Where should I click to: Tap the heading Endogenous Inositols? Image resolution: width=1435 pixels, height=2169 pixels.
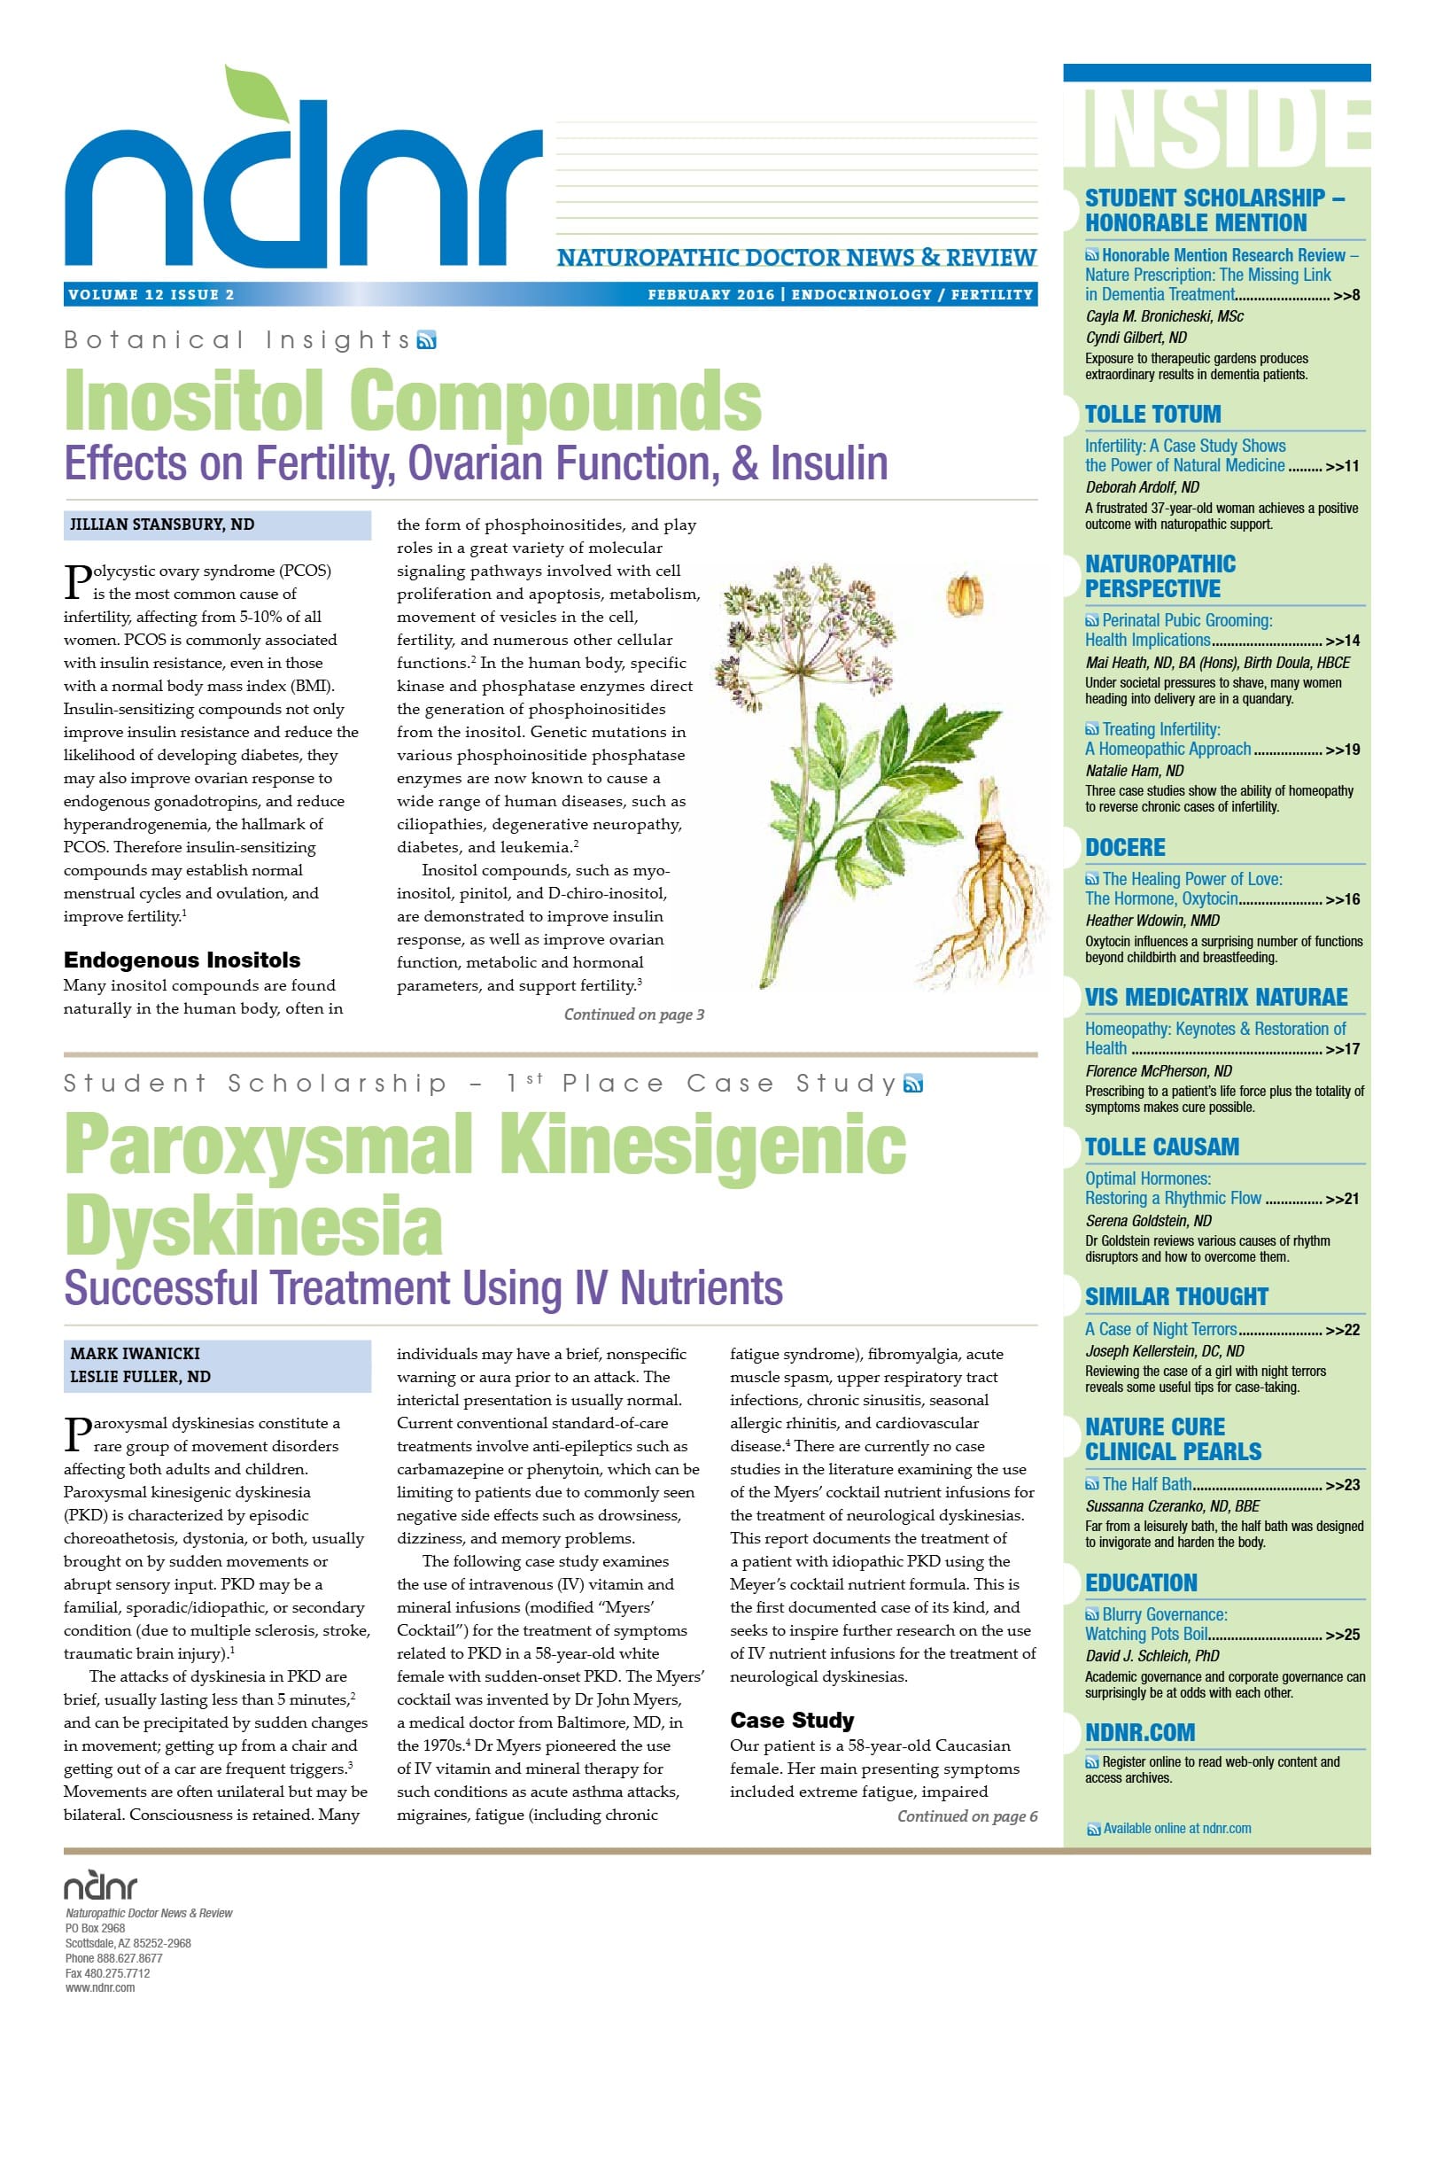pyautogui.click(x=182, y=960)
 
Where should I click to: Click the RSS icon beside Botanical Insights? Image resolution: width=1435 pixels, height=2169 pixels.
pyautogui.click(x=426, y=340)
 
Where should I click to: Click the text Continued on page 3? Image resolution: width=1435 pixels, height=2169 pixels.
pyautogui.click(x=633, y=1014)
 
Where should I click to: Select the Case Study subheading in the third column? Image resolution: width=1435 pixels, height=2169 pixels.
pyautogui.click(x=792, y=1720)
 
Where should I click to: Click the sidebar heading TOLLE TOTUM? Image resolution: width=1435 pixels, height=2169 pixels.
pyautogui.click(x=1152, y=415)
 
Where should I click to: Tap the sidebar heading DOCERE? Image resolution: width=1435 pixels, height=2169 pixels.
pyautogui.click(x=1125, y=847)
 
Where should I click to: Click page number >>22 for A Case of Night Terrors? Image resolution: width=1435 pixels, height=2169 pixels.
pyautogui.click(x=1342, y=1330)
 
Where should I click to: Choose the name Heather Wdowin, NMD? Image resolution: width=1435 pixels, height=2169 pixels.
pyautogui.click(x=1152, y=920)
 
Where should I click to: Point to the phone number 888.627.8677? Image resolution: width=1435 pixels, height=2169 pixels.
pyautogui.click(x=129, y=1957)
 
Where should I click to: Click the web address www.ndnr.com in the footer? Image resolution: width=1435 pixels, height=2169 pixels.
pyautogui.click(x=100, y=1987)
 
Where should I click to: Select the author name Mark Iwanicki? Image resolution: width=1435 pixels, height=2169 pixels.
pyautogui.click(x=135, y=1354)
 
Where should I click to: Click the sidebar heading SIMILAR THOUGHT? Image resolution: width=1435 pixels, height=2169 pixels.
pyautogui.click(x=1176, y=1297)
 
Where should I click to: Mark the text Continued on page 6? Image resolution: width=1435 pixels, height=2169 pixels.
pyautogui.click(x=966, y=1815)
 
